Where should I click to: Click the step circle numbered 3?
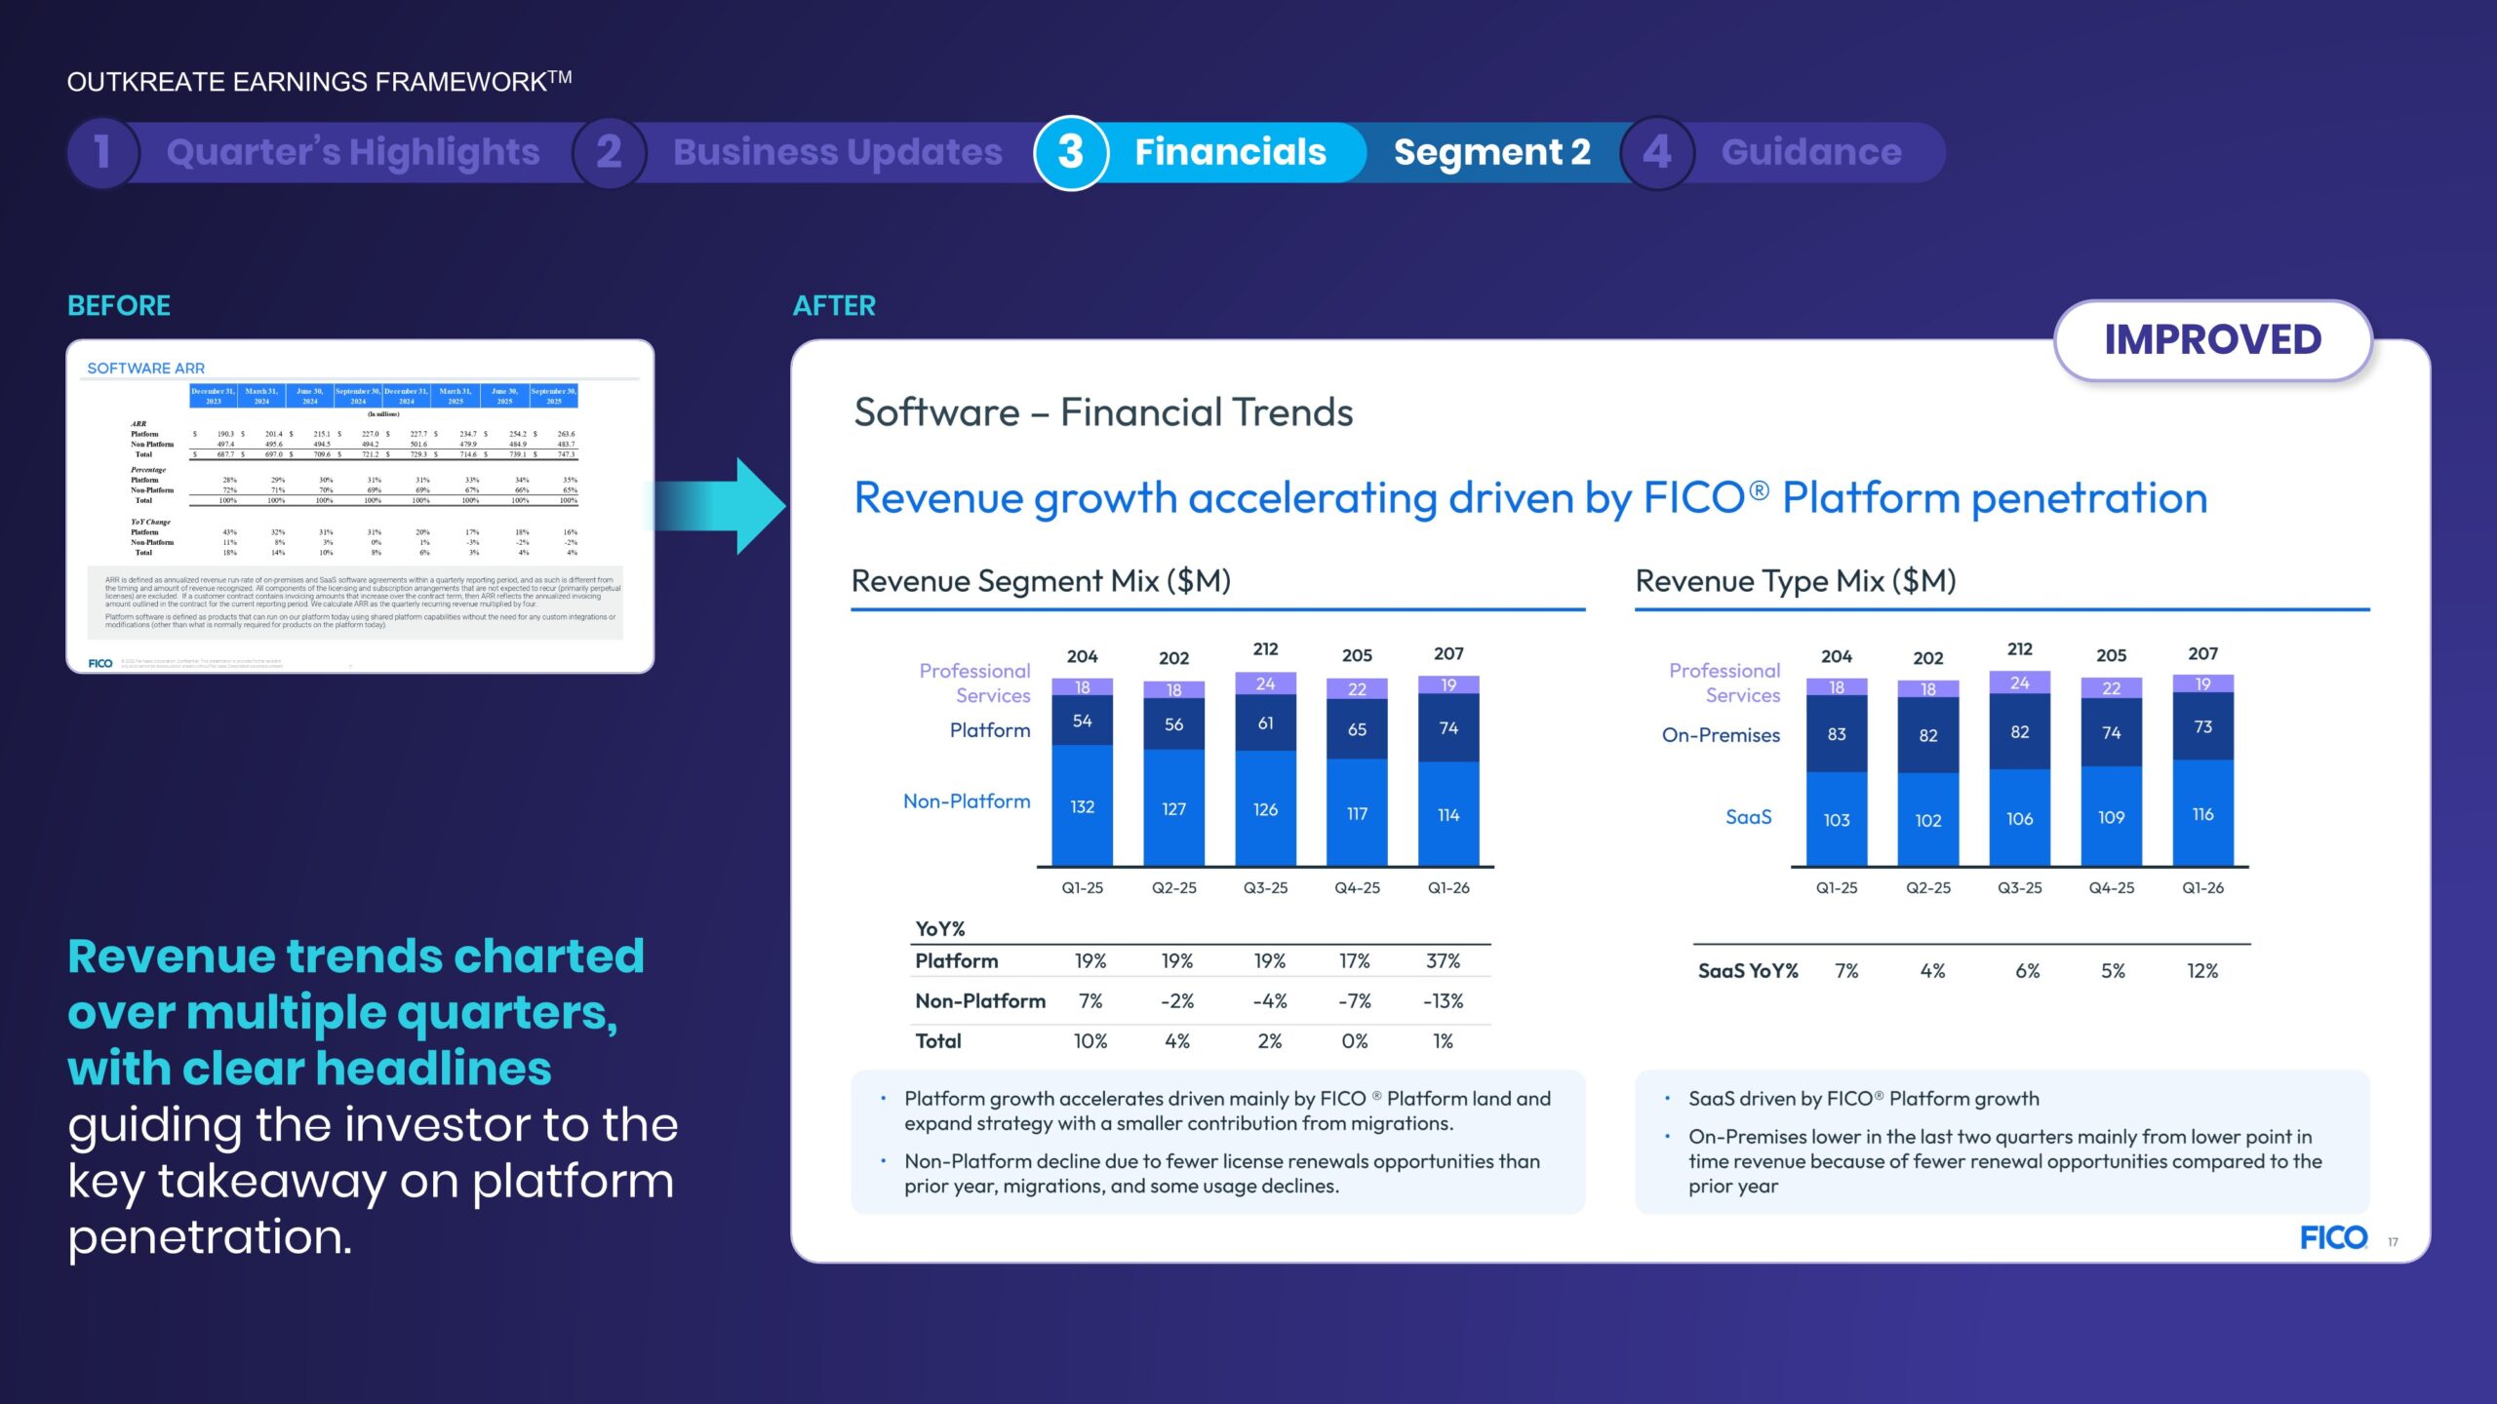coord(1071,152)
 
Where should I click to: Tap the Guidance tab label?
coord(1811,152)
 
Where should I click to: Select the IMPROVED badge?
coord(2212,340)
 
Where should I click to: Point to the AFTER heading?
coord(834,306)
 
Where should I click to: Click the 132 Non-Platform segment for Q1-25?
coord(1082,806)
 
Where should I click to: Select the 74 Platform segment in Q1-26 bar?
coord(1448,727)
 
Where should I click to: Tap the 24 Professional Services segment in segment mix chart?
coord(1265,683)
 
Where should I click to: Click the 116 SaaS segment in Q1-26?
coord(2202,814)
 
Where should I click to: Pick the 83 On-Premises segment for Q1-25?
coord(1837,734)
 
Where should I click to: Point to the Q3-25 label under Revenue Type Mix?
coord(2019,888)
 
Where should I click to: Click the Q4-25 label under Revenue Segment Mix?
coord(1357,888)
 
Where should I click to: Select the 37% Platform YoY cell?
coord(1443,961)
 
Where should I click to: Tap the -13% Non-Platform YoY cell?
coord(1443,1001)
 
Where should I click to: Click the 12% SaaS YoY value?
coord(2202,971)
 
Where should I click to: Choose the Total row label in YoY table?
coord(938,1041)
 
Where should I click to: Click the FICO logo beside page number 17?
coord(2333,1238)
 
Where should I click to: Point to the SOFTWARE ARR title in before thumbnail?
coord(146,369)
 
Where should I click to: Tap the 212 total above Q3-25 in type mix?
coord(2019,649)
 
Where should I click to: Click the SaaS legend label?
coord(1748,817)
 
